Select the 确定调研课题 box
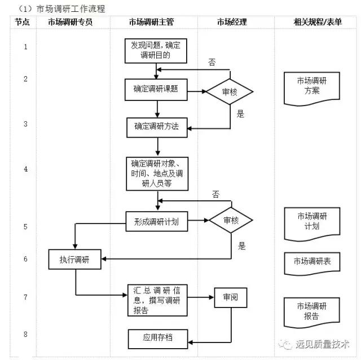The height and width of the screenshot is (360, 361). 156,89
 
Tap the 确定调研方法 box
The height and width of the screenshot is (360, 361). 156,127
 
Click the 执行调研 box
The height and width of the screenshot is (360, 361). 75,260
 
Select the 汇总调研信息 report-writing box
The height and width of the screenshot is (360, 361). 156,300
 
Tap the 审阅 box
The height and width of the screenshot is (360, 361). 231,297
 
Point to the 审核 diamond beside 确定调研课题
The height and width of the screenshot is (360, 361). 230,91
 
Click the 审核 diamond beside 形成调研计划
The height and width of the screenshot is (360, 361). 231,221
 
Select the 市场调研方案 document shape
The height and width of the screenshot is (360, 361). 311,86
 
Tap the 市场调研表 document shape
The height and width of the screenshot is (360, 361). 311,262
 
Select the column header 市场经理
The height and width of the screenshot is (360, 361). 232,22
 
